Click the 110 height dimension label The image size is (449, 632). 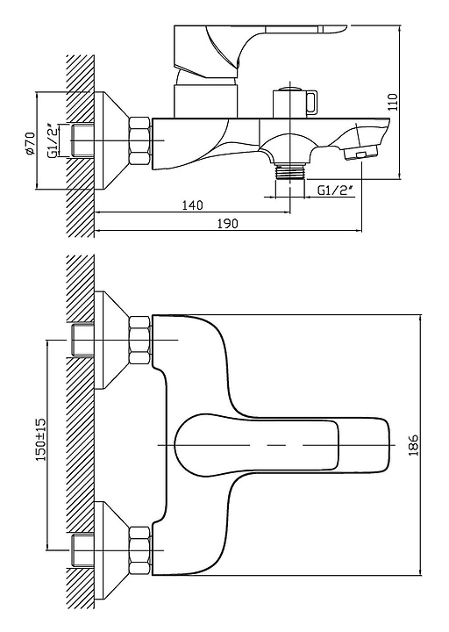click(x=393, y=102)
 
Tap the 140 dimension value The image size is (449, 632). click(x=192, y=205)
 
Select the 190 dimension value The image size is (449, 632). click(x=227, y=223)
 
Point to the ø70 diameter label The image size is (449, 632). click(x=30, y=143)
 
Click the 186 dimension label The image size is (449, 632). click(x=414, y=445)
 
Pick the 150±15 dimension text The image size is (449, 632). click(x=41, y=440)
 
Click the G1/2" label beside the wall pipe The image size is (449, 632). click(x=53, y=140)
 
